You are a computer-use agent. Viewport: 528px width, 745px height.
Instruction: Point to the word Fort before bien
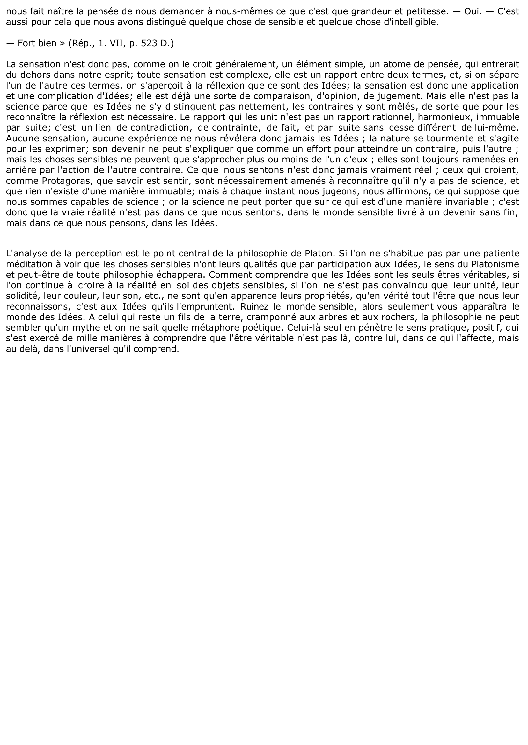tap(27, 44)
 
